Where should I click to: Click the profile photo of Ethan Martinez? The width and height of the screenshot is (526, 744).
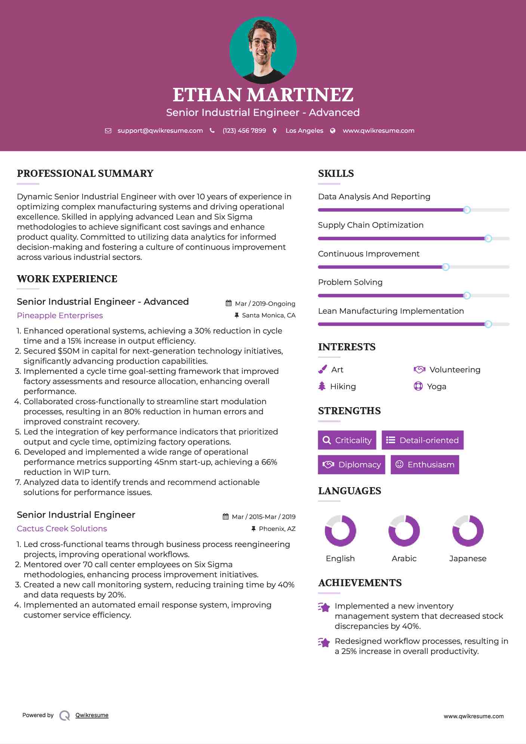click(x=263, y=50)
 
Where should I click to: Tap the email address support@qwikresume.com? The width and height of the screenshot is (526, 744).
click(x=160, y=130)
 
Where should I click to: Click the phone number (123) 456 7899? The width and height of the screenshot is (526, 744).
click(x=244, y=130)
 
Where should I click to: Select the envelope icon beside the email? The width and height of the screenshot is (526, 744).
click(x=108, y=130)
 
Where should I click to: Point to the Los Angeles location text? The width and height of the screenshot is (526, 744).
click(x=304, y=130)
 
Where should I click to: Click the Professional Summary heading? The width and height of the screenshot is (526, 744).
click(x=85, y=173)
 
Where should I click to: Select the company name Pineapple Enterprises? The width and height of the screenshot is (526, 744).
click(x=60, y=315)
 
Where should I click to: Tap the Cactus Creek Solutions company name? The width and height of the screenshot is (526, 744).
click(x=62, y=528)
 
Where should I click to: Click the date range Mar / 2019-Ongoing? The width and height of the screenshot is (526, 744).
click(x=265, y=304)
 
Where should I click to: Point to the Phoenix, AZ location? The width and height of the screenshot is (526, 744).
click(x=277, y=529)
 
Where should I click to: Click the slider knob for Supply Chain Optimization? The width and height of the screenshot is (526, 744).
click(x=488, y=239)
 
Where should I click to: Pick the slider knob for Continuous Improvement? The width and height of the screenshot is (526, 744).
click(x=446, y=267)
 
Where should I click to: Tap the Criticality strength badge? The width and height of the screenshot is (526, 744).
click(x=347, y=440)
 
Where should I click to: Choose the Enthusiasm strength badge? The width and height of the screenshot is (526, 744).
click(x=425, y=464)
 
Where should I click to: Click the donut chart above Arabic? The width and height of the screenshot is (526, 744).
click(x=404, y=531)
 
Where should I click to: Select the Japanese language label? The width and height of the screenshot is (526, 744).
click(x=468, y=558)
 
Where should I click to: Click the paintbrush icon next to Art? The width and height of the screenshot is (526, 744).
click(x=322, y=369)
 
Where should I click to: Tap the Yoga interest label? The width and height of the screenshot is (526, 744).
click(x=437, y=386)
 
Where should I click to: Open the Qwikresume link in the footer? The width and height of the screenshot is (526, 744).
click(x=92, y=715)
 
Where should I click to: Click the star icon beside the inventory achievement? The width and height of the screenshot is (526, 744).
click(x=324, y=607)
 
